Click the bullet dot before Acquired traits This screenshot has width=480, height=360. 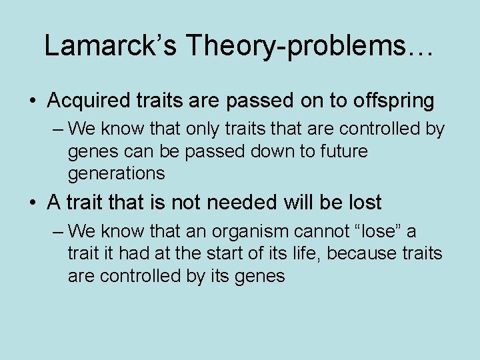(32, 101)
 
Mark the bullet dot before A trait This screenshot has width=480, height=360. (32, 203)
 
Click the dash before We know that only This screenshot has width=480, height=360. (57, 128)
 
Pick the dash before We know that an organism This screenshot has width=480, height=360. (57, 232)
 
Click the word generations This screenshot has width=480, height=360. (116, 173)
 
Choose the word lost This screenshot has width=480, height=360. (364, 202)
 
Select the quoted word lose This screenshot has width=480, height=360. (381, 232)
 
